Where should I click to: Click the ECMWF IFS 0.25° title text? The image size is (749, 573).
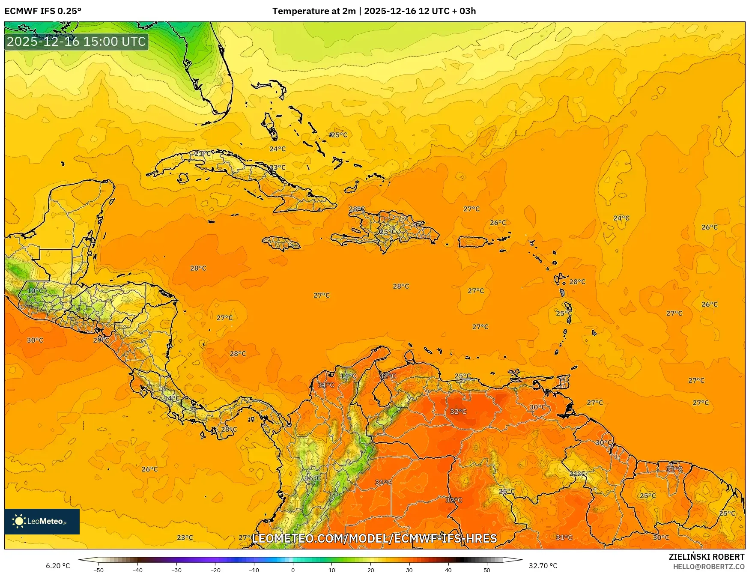43,11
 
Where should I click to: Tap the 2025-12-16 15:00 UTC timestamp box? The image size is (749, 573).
76,42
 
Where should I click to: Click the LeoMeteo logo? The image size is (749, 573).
42,521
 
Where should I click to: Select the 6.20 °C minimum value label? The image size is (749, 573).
58,566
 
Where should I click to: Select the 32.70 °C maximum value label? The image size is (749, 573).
543,566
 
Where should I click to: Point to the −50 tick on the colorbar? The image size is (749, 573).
98,570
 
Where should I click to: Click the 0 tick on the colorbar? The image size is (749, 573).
293,570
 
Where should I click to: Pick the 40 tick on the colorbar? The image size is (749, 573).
448,570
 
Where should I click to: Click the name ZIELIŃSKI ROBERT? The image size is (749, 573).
707,557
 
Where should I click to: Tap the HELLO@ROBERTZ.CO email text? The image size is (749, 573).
709,567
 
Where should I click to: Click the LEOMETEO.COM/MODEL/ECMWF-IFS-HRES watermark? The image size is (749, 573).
374,538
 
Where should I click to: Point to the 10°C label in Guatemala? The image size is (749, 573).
35,291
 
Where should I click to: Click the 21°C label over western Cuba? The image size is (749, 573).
203,153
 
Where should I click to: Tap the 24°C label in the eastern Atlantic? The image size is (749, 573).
621,218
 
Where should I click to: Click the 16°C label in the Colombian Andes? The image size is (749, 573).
313,478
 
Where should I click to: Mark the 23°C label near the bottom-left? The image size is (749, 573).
185,537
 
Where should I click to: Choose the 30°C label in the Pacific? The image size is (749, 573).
35,340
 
